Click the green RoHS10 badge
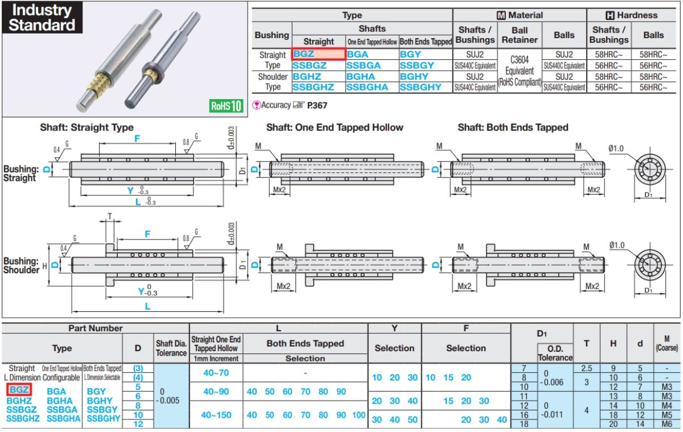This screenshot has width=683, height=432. (227, 106)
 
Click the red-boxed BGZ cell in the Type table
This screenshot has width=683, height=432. (319, 54)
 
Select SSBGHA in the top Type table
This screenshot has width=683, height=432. (367, 88)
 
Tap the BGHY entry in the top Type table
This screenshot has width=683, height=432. (414, 76)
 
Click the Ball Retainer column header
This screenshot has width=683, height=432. (520, 35)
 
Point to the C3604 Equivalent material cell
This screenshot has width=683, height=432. (520, 71)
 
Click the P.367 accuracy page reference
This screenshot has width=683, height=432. (317, 105)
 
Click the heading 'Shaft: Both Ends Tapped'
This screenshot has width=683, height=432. (513, 127)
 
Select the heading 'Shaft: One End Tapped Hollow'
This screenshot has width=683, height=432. (335, 127)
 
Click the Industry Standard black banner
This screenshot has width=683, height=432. (42, 18)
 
